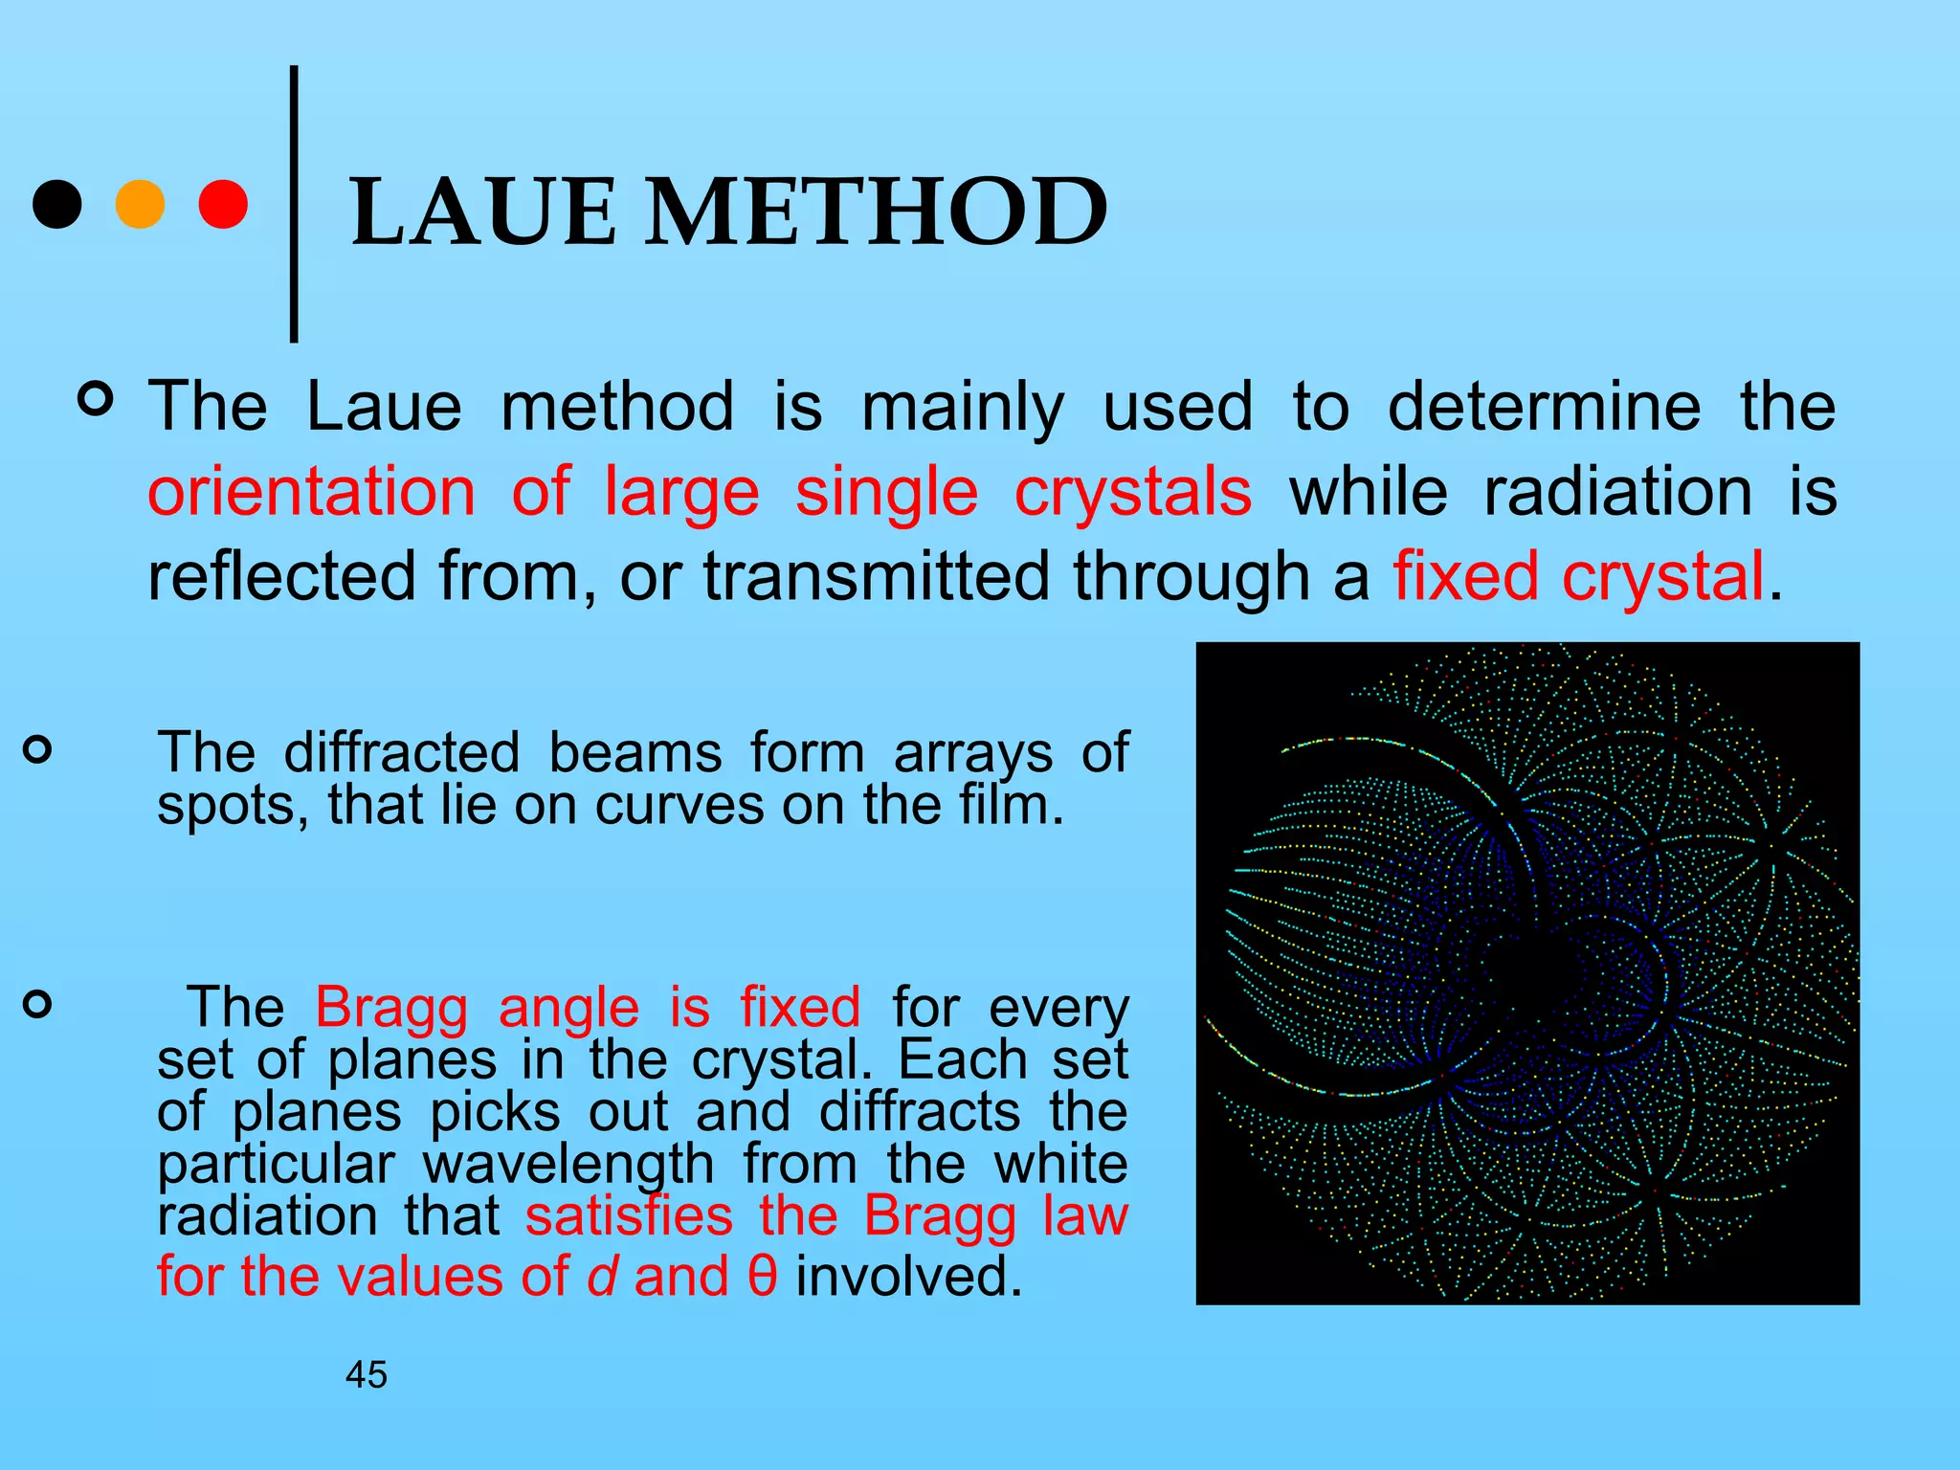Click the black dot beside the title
click(x=56, y=204)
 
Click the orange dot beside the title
click(x=140, y=204)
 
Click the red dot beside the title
click(x=223, y=204)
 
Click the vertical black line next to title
click(x=294, y=204)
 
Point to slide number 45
click(x=367, y=1375)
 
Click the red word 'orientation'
click(x=311, y=492)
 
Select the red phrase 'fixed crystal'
click(x=1578, y=577)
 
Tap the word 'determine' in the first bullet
click(x=1544, y=407)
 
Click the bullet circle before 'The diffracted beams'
click(x=37, y=749)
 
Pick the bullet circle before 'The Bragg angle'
click(x=37, y=1004)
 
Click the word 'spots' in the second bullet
click(x=225, y=805)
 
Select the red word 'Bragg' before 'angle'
click(x=391, y=1008)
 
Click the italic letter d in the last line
click(x=601, y=1277)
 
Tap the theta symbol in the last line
click(x=762, y=1277)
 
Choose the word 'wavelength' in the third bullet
click(x=568, y=1165)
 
